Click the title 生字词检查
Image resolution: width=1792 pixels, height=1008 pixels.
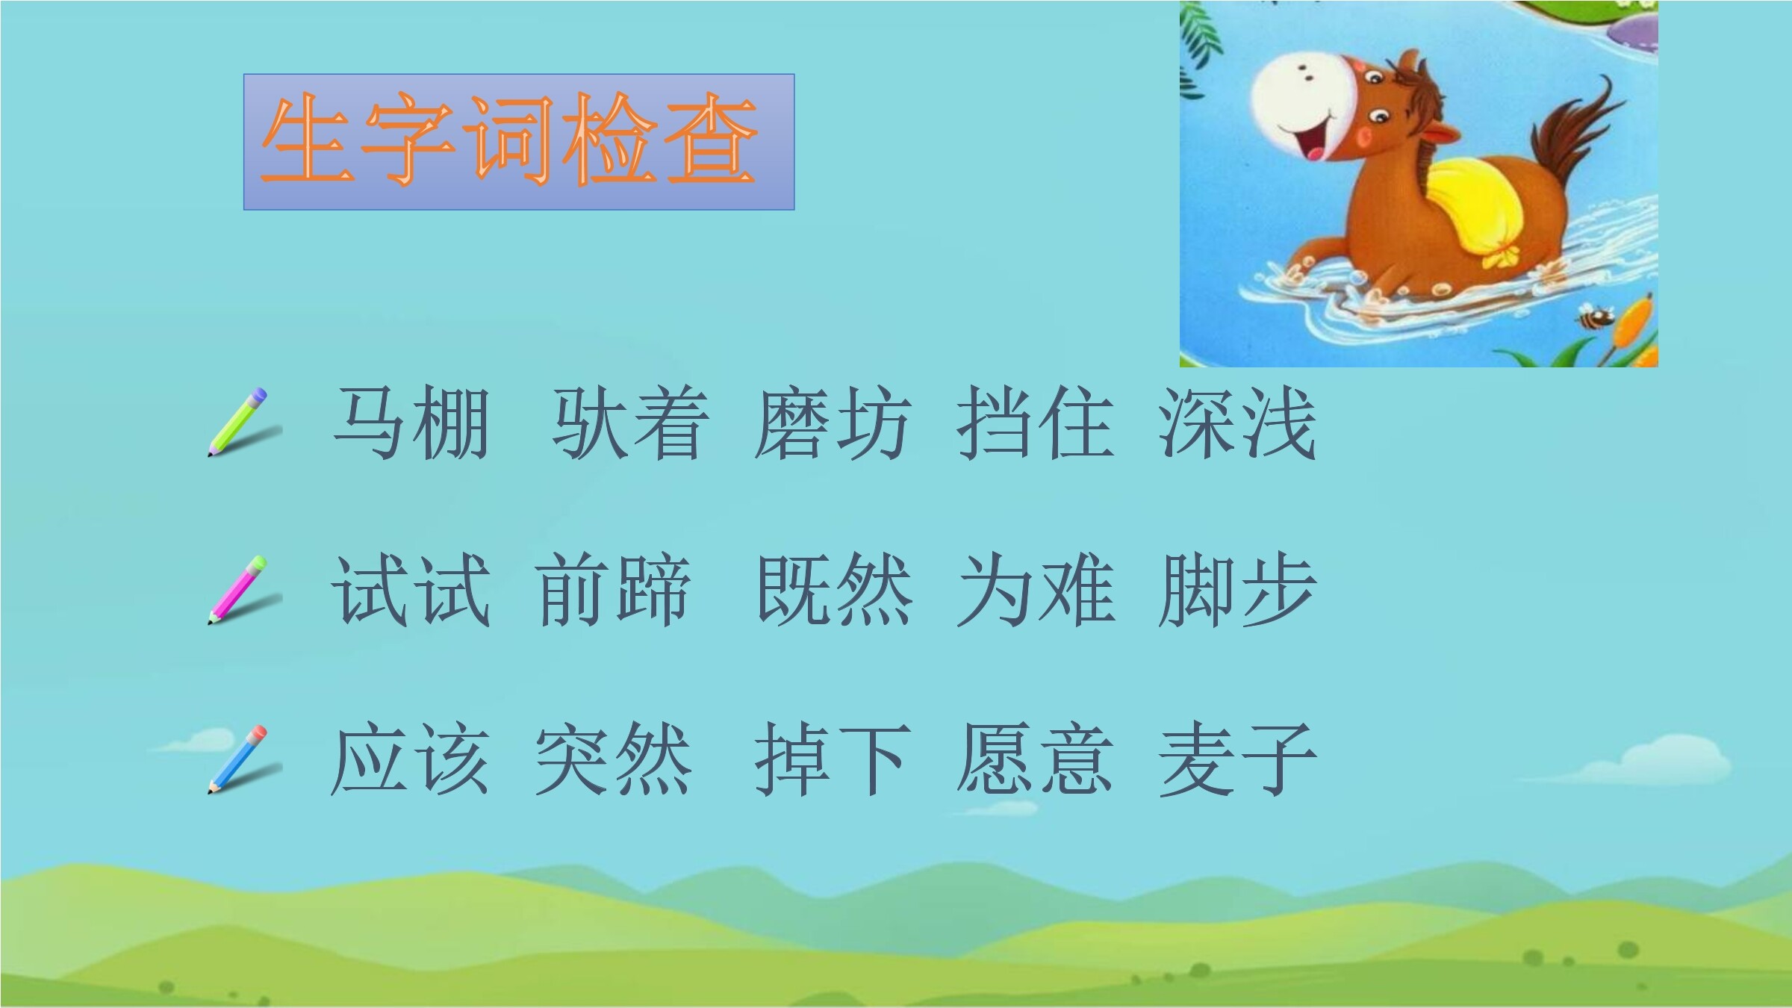509,140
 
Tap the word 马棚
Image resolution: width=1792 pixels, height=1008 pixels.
411,424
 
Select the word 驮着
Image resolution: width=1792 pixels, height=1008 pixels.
629,424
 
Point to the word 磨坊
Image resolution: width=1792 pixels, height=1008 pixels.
833,424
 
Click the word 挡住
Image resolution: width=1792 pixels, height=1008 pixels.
1036,424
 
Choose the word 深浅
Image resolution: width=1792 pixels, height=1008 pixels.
1237,424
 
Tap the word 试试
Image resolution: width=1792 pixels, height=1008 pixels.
411,591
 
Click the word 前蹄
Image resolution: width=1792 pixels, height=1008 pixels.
613,591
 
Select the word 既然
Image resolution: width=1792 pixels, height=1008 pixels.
834,591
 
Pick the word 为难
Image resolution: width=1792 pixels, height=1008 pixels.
1036,591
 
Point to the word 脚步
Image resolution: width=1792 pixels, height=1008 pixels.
1237,591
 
